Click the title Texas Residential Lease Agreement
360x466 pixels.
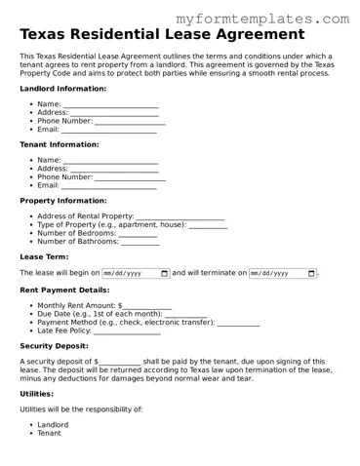(161, 35)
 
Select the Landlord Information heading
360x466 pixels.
(63, 89)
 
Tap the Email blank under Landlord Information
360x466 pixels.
(109, 130)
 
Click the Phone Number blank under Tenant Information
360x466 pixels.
(130, 177)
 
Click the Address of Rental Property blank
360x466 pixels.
(180, 216)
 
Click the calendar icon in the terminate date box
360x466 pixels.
(311, 274)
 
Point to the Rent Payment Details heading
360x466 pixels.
(64, 290)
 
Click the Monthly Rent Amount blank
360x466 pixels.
(145, 306)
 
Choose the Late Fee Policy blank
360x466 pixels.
(128, 331)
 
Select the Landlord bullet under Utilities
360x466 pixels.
(53, 425)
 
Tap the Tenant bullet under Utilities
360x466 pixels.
(49, 433)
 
